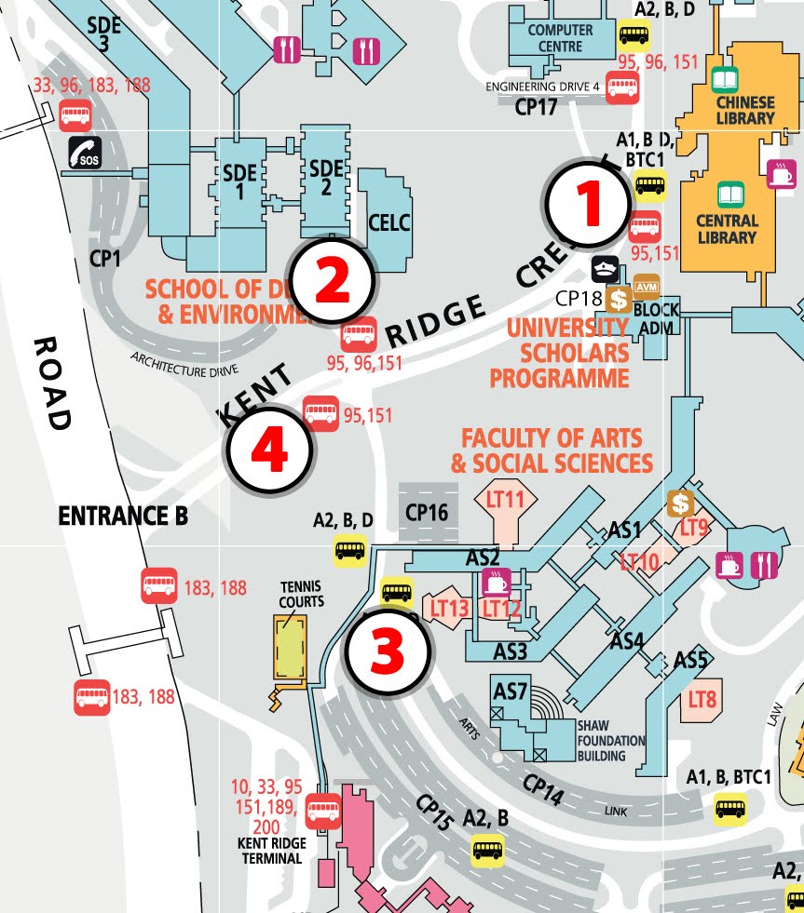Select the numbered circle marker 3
coord(387,652)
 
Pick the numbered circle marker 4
coord(269,453)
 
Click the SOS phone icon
coord(85,153)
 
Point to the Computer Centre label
coord(560,37)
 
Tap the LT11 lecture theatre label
coord(506,500)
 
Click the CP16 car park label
coord(428,511)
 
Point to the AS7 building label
coord(511,692)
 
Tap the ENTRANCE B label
coord(122,516)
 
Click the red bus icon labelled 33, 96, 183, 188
coord(75,116)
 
